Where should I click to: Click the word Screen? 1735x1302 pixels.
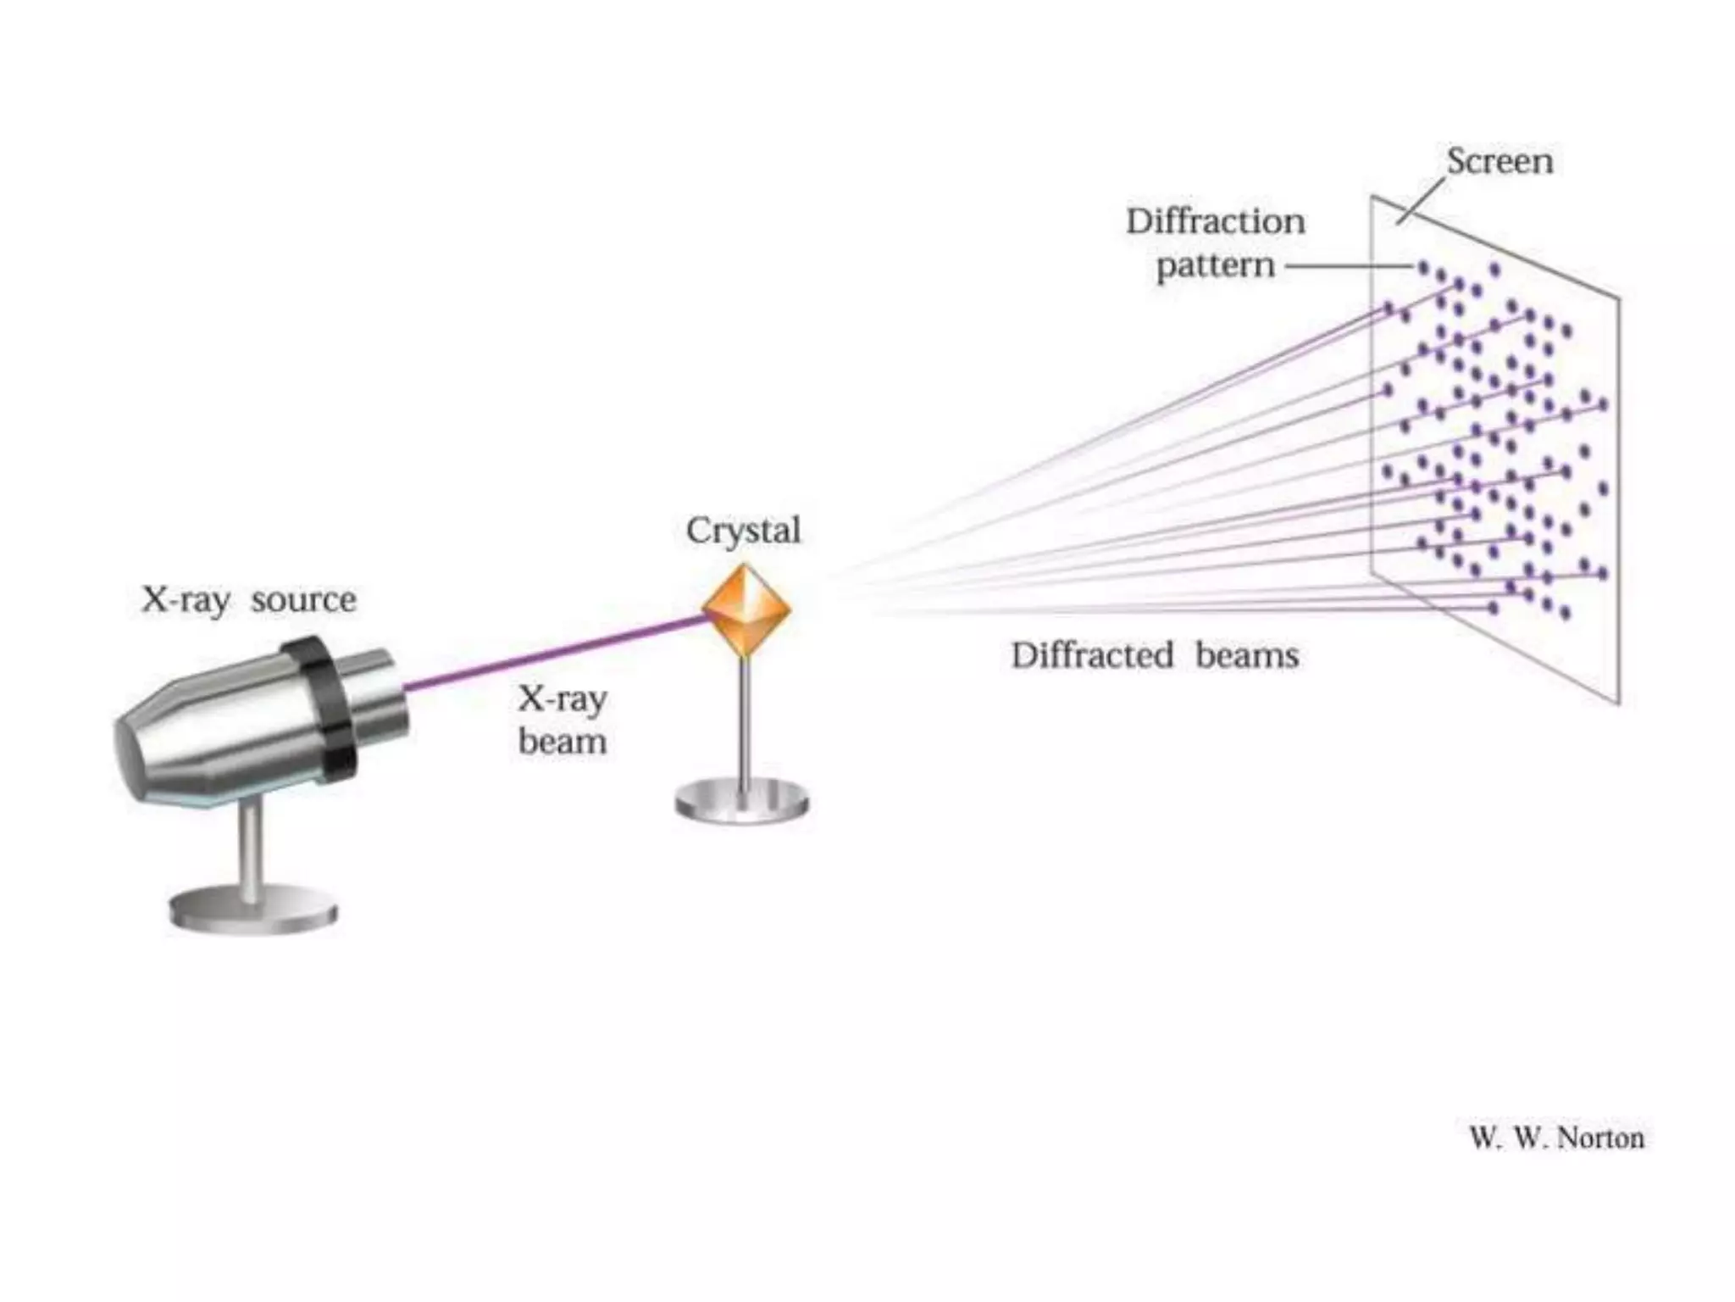click(x=1499, y=161)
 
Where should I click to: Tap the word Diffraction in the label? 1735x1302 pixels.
click(x=1216, y=221)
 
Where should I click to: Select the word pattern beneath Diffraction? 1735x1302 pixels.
click(x=1216, y=266)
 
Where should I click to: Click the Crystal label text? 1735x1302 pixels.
click(x=743, y=531)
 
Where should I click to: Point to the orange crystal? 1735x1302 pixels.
click(x=746, y=608)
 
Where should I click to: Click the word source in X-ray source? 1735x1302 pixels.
click(x=303, y=600)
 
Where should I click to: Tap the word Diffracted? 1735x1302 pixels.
click(x=1093, y=655)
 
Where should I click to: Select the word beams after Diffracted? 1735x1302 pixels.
click(x=1247, y=655)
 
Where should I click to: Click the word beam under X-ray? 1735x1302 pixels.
click(x=563, y=742)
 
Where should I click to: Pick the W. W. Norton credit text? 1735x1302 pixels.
click(x=1557, y=1138)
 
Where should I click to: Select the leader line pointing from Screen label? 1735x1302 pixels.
click(x=1421, y=202)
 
